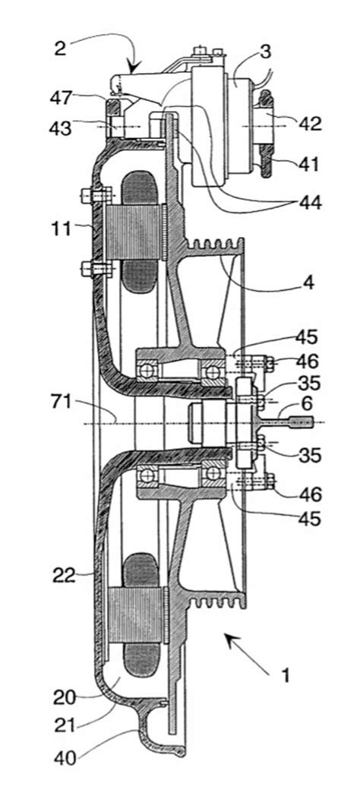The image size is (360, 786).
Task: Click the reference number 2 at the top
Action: click(59, 51)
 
